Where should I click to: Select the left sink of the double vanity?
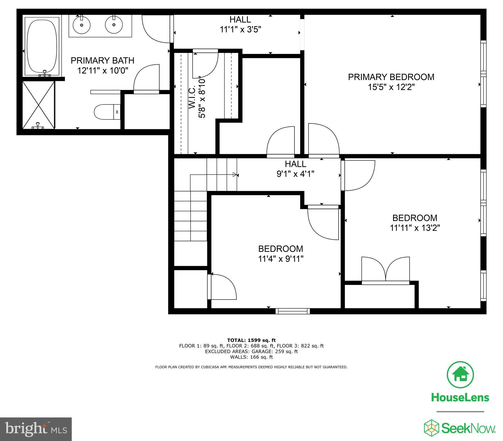pos(82,25)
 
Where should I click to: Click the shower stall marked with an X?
pos(38,105)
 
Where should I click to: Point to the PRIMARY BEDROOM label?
pos(391,77)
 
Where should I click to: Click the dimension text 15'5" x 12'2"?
pos(391,87)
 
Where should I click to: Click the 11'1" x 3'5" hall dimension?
pos(240,30)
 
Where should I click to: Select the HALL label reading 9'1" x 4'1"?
pos(295,164)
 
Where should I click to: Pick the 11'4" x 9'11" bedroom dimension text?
pos(281,259)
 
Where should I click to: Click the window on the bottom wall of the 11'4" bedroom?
pos(293,311)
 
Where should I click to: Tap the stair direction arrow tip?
pos(236,175)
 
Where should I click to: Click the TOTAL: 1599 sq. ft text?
pos(251,340)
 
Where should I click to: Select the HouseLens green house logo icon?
pos(460,375)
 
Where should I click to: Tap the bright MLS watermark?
pos(36,429)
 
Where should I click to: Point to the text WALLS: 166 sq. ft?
pos(251,357)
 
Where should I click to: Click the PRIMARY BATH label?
pos(102,61)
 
